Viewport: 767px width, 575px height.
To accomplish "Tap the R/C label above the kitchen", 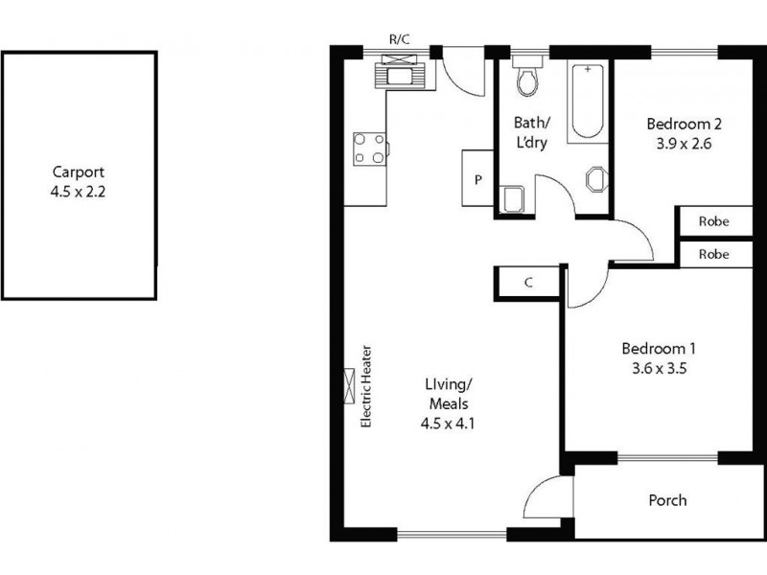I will (x=400, y=39).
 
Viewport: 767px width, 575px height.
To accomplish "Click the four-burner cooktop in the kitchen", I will (x=369, y=149).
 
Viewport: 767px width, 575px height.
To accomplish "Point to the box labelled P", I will (x=477, y=179).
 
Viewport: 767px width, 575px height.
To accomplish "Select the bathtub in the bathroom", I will (x=588, y=102).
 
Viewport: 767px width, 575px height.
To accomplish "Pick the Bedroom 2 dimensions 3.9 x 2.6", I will (x=683, y=144).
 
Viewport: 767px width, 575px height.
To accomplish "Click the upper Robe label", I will (x=712, y=221).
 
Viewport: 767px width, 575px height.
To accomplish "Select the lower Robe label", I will (x=712, y=255).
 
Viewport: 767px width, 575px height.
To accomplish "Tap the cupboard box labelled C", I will (x=528, y=283).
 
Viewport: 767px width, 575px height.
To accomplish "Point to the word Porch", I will (x=667, y=500).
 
